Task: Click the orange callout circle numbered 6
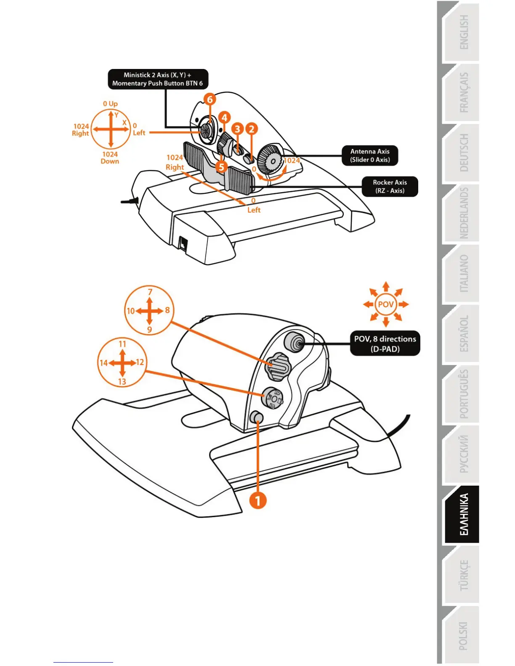click(x=210, y=100)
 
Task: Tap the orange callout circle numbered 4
click(x=224, y=118)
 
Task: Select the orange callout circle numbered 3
click(x=238, y=129)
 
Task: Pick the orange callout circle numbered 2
click(x=252, y=129)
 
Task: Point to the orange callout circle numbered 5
click(x=221, y=167)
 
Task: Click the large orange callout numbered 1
click(x=258, y=500)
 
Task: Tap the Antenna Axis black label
click(x=370, y=156)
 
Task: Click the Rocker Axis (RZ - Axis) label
click(x=390, y=186)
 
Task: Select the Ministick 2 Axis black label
click(x=158, y=79)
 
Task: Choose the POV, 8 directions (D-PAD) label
click(x=385, y=344)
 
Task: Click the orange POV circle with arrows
click(x=386, y=304)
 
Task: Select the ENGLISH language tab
click(x=462, y=32)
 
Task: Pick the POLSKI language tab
click(x=462, y=635)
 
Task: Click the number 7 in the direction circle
click(x=150, y=292)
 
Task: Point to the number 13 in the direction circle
click(x=122, y=382)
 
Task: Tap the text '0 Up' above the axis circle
click(x=110, y=103)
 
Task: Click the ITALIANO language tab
click(x=462, y=274)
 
